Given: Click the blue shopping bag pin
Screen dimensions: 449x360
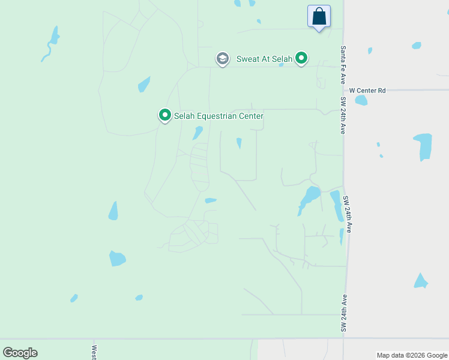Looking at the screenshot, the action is pyautogui.click(x=319, y=16).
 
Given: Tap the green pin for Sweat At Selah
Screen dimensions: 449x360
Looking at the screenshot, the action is pyautogui.click(x=302, y=58).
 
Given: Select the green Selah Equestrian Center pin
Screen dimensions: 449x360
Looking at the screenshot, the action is pyautogui.click(x=164, y=115).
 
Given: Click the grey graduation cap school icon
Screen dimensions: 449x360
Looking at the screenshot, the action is pyautogui.click(x=223, y=59).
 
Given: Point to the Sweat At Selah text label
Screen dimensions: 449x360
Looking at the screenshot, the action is pyautogui.click(x=264, y=59).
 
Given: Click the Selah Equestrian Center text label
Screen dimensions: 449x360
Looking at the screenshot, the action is pyautogui.click(x=218, y=115).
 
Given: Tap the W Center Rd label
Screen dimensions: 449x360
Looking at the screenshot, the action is pyautogui.click(x=367, y=91).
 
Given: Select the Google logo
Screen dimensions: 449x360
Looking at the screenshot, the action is pyautogui.click(x=20, y=353).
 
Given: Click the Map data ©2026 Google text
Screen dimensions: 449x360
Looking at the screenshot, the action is pyautogui.click(x=412, y=355).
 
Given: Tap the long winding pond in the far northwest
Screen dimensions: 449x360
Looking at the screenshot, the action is pyautogui.click(x=51, y=43).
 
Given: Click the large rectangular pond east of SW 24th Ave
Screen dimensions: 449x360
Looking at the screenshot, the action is pyautogui.click(x=423, y=146).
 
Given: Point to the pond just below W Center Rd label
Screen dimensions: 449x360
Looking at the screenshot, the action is pyautogui.click(x=361, y=100).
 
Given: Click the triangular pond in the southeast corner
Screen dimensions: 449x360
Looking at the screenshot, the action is pyautogui.click(x=421, y=281).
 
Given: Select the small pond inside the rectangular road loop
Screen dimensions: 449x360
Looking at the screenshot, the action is pyautogui.click(x=239, y=143).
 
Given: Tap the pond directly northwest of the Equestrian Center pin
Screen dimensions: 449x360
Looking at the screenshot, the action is pyautogui.click(x=144, y=85).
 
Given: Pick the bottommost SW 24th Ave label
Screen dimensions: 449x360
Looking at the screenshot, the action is pyautogui.click(x=344, y=313).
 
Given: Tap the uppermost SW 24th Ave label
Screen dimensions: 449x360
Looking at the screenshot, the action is pyautogui.click(x=343, y=115).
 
